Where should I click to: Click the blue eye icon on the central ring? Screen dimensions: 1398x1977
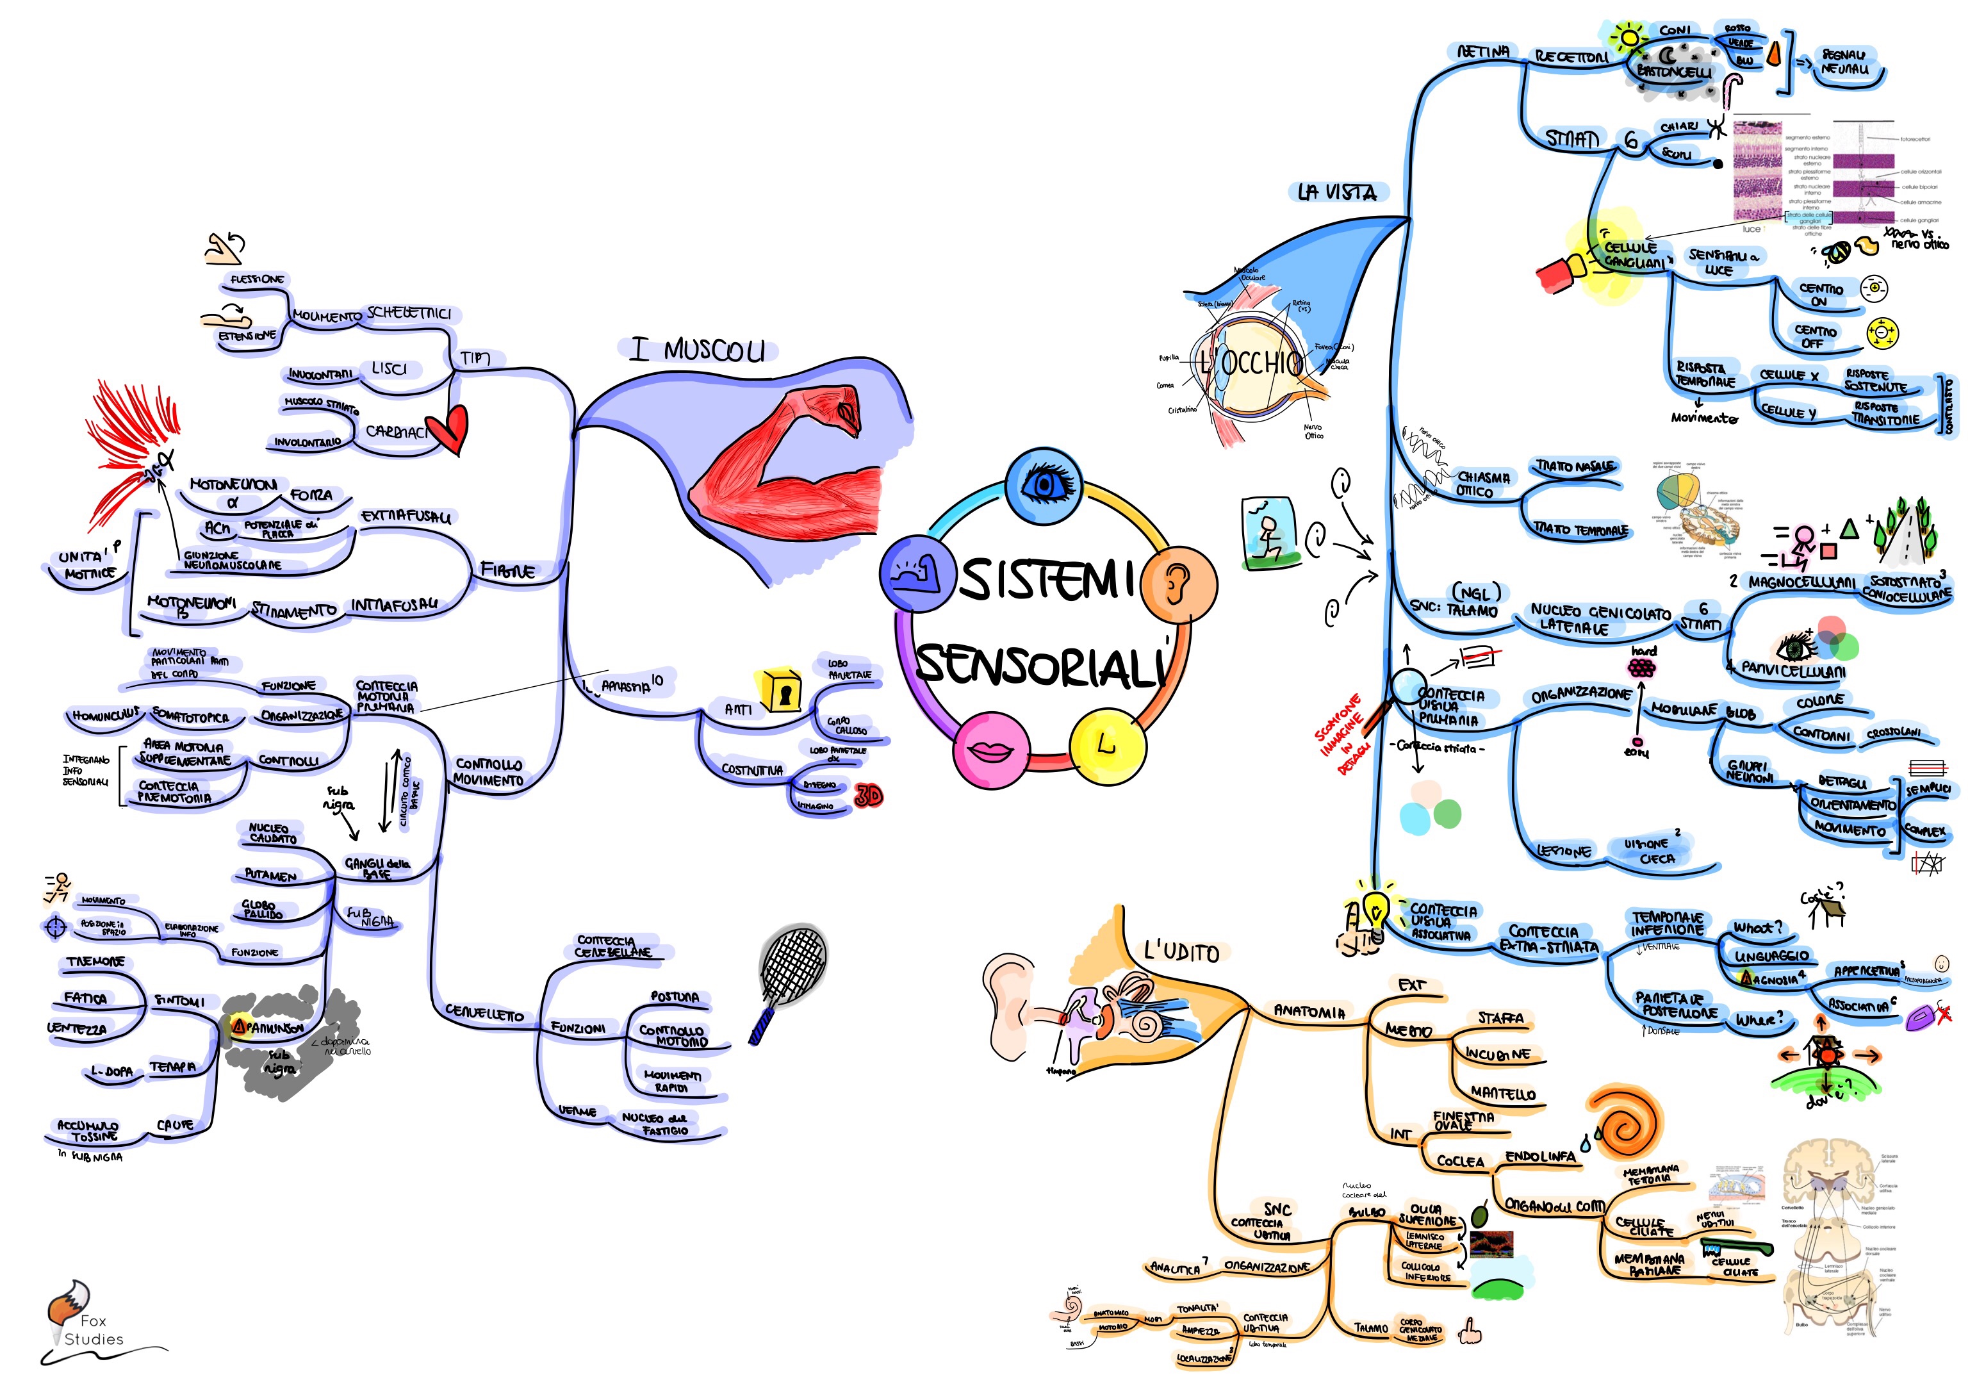tap(1044, 485)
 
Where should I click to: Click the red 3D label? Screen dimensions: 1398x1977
tap(868, 796)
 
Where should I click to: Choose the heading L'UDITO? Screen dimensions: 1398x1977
tap(1181, 952)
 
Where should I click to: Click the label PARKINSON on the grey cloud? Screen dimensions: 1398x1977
tap(274, 1027)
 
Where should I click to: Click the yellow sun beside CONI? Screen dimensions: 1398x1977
tap(1628, 38)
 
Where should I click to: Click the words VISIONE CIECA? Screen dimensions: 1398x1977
tap(1652, 851)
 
